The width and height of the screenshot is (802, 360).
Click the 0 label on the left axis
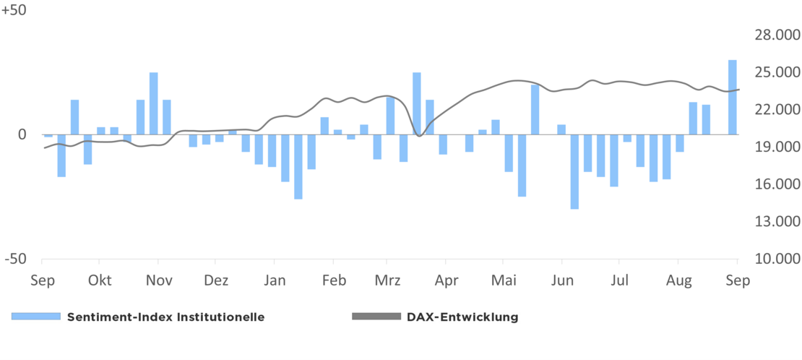coord(22,134)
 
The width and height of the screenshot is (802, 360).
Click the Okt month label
coord(100,280)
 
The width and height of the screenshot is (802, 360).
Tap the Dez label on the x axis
coord(216,280)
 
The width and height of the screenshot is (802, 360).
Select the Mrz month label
coord(388,280)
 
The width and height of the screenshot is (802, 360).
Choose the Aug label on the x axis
coord(678,280)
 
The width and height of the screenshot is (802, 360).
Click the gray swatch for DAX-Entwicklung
coord(375,317)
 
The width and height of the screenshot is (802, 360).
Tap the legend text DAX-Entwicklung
coord(462,317)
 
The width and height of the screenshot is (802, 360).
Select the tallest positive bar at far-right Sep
coord(733,97)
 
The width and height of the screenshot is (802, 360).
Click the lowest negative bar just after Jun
coord(574,171)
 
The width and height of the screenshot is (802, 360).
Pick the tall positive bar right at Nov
coord(154,103)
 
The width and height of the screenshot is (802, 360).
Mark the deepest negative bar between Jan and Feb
coord(298,166)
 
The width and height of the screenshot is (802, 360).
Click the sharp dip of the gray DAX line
coord(418,136)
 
